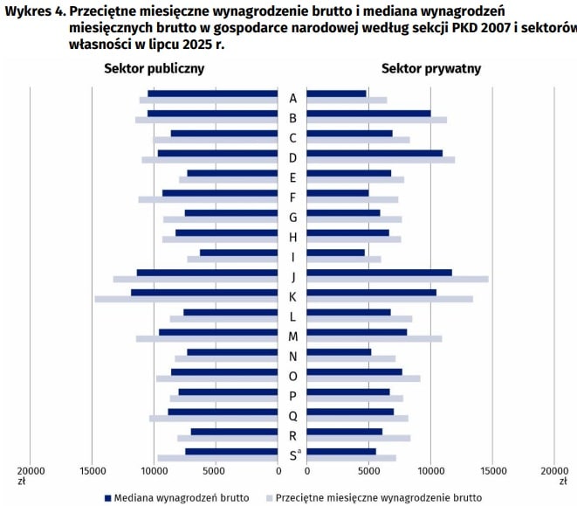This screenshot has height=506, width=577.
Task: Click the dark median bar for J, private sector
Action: click(379, 273)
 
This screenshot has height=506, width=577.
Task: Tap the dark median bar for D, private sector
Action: click(374, 153)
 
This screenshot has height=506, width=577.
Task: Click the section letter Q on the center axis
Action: click(292, 416)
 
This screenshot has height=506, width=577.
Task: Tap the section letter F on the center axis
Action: click(292, 197)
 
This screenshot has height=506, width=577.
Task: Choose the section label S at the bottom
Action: click(292, 455)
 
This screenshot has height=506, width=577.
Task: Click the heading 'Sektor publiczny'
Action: click(155, 68)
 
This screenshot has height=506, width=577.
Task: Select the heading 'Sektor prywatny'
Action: click(431, 68)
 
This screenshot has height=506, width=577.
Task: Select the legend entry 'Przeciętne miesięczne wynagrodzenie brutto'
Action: click(378, 497)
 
